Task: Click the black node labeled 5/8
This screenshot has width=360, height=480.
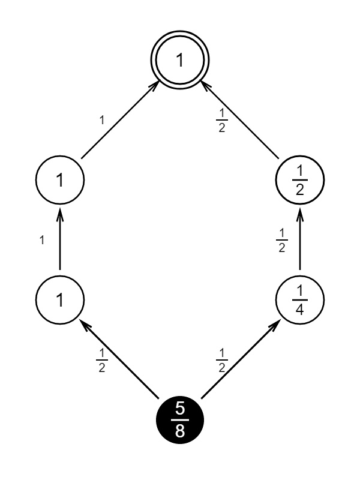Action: click(180, 420)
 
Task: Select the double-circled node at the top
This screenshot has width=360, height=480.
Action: click(180, 60)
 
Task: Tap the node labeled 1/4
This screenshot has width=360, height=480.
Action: click(300, 300)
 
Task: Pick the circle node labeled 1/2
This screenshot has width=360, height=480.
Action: click(300, 180)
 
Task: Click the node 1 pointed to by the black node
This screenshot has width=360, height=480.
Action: click(60, 300)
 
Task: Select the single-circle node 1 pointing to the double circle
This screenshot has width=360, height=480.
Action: click(60, 180)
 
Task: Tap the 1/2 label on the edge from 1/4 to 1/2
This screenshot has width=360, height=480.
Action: click(281, 240)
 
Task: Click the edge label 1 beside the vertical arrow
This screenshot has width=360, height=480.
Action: click(41, 240)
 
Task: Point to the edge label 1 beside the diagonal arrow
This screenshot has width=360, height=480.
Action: click(101, 120)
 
